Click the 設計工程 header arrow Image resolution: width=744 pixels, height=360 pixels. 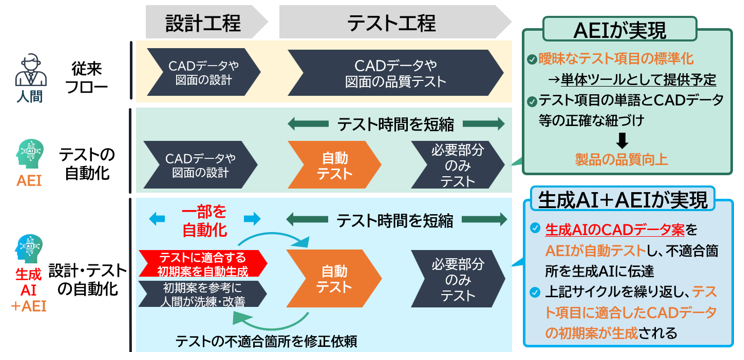coord(203,21)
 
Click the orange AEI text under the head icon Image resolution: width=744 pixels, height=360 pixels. coord(30,181)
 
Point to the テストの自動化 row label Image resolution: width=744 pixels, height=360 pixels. coord(87,164)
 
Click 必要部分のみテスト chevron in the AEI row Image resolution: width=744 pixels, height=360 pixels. coord(456,164)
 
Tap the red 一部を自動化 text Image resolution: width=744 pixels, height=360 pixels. coord(203,219)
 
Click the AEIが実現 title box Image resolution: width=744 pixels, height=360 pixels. coord(621,29)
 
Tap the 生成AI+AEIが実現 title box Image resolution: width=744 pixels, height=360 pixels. coord(628,199)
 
